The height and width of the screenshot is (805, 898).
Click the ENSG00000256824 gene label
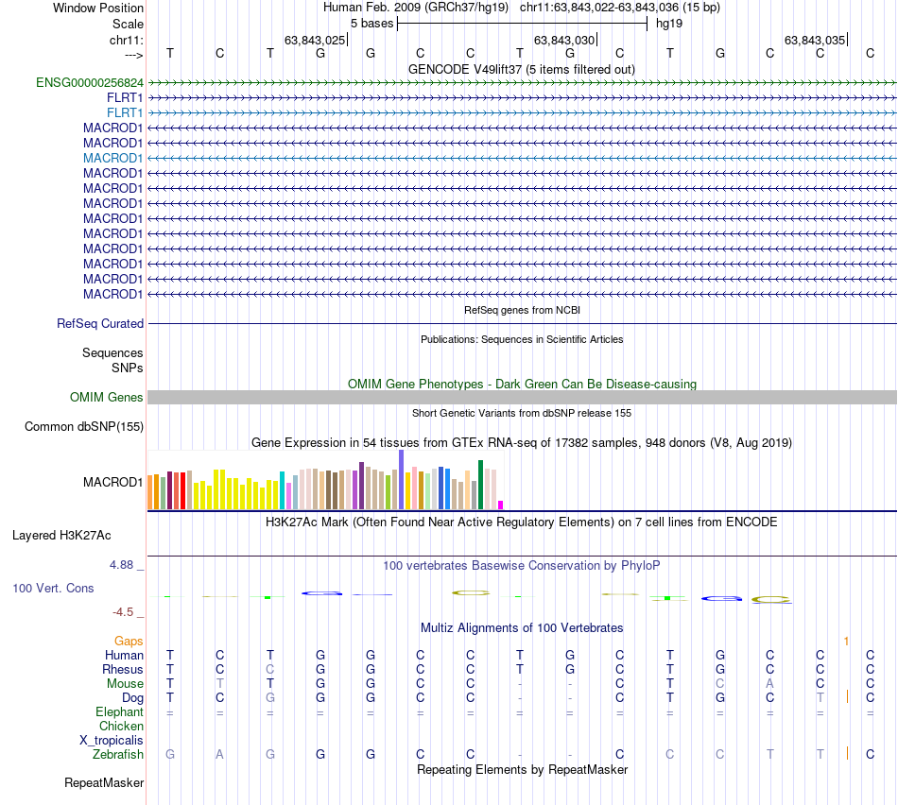(x=90, y=82)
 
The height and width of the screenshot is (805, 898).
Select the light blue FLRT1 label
(x=125, y=112)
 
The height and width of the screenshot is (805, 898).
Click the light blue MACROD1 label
(x=112, y=158)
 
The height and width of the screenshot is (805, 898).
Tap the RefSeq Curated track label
(x=100, y=323)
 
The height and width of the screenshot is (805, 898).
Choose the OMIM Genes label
(x=107, y=398)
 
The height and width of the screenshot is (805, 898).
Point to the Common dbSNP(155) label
(x=84, y=427)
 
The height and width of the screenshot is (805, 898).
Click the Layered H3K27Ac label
(x=61, y=536)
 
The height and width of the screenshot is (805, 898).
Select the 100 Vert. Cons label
(x=53, y=589)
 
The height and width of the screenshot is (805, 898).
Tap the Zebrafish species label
(x=118, y=755)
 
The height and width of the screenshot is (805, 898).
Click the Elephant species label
(x=119, y=712)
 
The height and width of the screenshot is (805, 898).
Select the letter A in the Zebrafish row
(x=220, y=755)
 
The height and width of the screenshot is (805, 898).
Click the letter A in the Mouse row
(x=770, y=684)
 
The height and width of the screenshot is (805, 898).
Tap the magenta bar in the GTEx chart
(x=501, y=505)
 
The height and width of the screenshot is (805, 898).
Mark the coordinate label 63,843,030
(x=564, y=40)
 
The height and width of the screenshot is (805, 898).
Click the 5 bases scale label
(x=371, y=23)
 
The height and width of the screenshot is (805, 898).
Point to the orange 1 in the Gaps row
(x=846, y=642)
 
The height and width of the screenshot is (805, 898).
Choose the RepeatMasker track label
(x=104, y=783)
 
